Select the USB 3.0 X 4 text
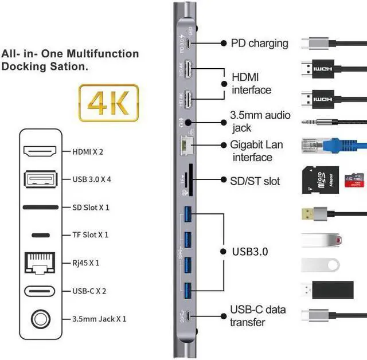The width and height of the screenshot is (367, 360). pyautogui.click(x=92, y=179)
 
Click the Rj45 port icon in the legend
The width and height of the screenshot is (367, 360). pyautogui.click(x=40, y=263)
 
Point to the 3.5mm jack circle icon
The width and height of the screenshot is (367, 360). pyautogui.click(x=40, y=318)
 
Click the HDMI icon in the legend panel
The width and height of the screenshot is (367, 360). pyautogui.click(x=40, y=152)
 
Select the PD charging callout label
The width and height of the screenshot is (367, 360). pyautogui.click(x=259, y=43)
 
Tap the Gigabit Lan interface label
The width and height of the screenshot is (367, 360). pyautogui.click(x=256, y=151)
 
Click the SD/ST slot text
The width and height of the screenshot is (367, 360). pyautogui.click(x=255, y=181)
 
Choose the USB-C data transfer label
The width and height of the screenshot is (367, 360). pyautogui.click(x=257, y=316)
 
